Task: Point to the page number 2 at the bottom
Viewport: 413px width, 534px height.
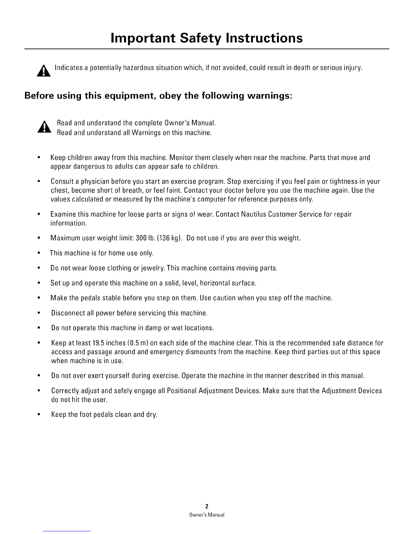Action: (206, 506)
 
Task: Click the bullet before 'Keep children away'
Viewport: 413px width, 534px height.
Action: (40, 158)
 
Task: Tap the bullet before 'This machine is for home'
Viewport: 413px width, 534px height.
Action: (40, 253)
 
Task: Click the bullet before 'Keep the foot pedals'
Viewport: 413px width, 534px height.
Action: (40, 414)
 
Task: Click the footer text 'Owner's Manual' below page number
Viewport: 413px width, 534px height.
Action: (206, 515)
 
